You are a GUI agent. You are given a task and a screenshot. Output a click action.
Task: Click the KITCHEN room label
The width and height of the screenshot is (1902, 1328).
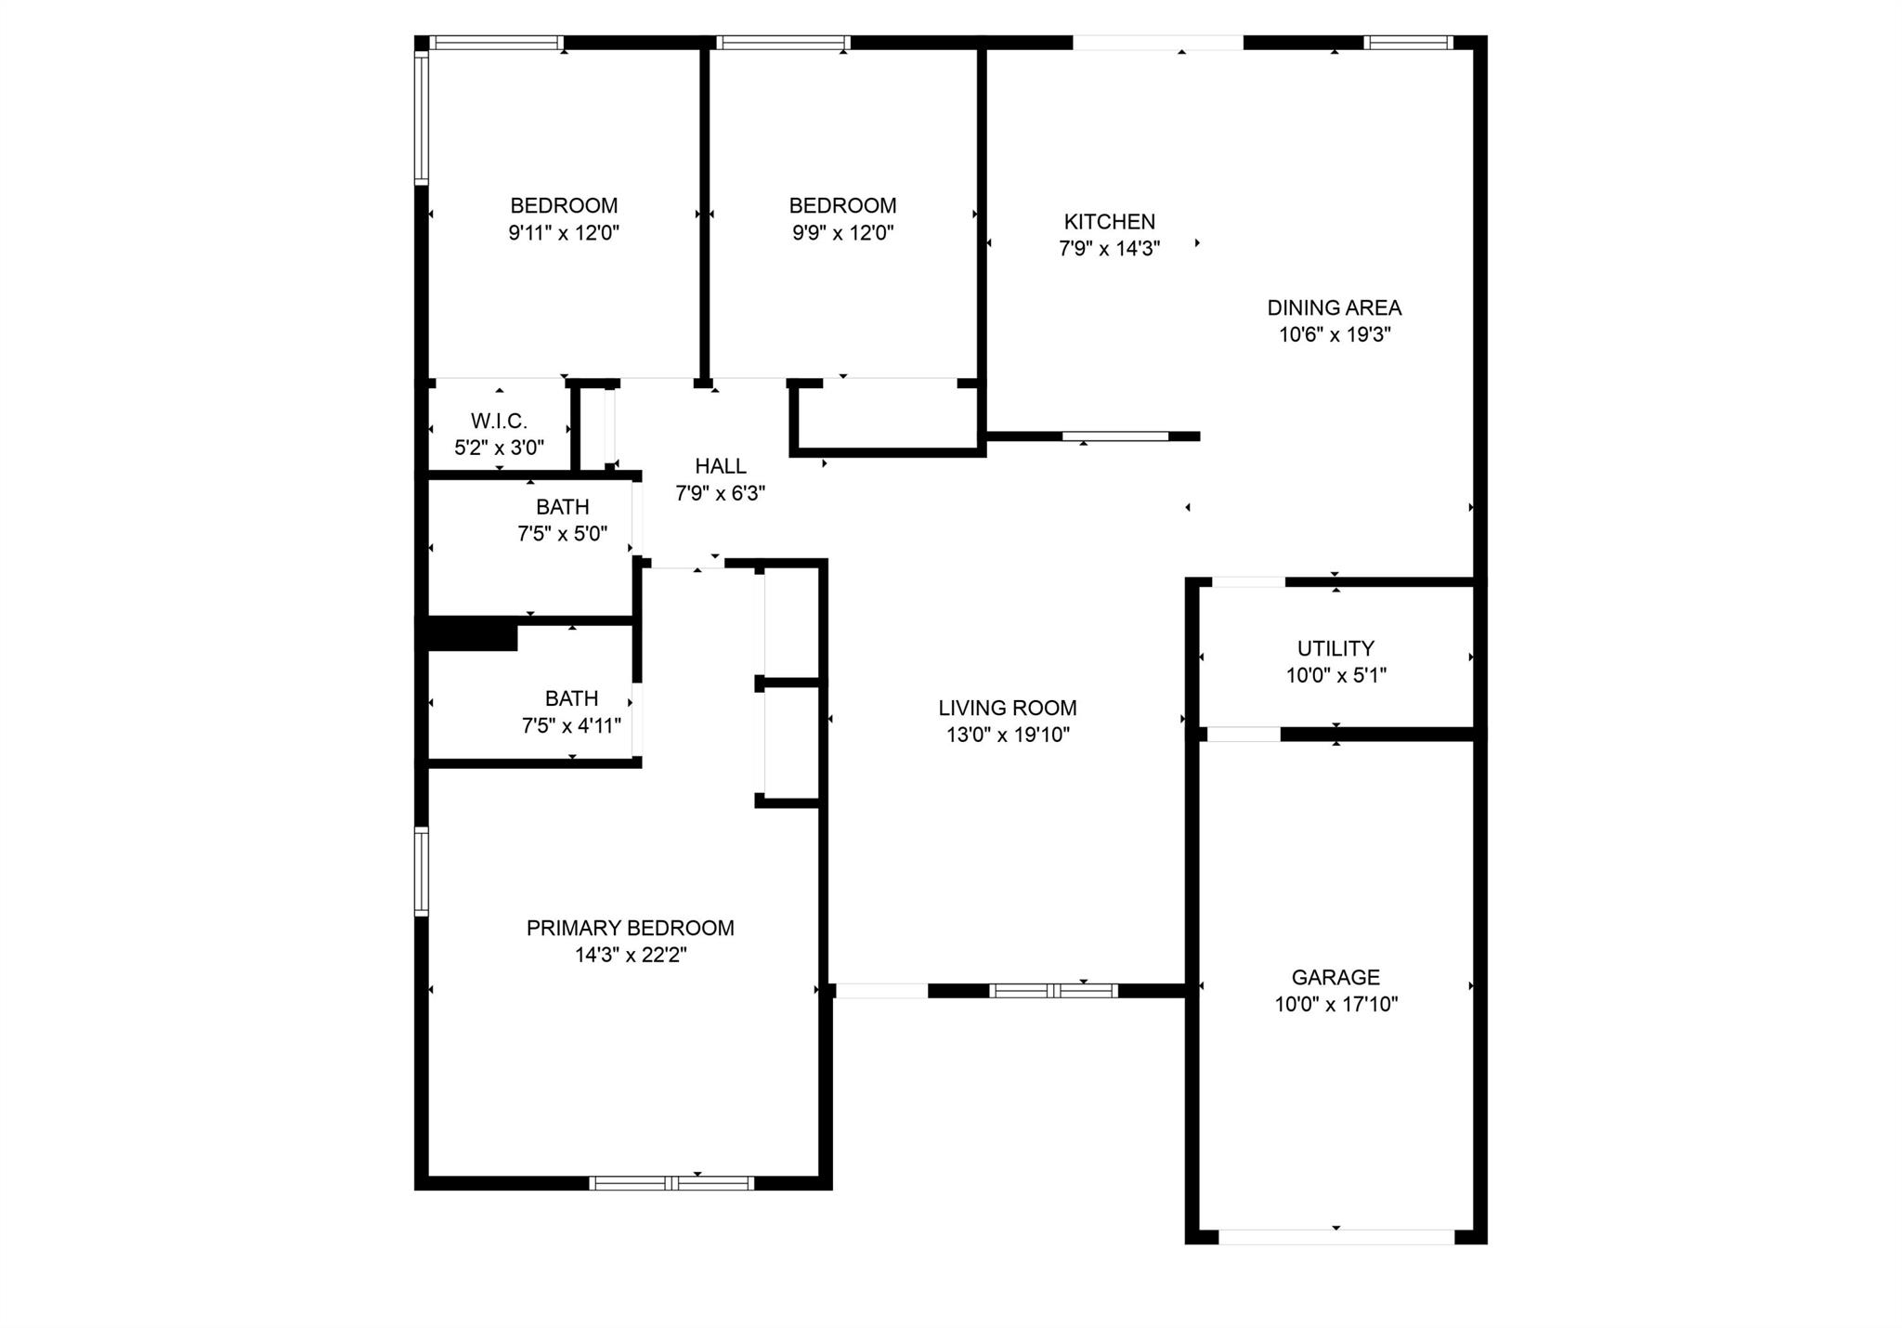coord(1109,222)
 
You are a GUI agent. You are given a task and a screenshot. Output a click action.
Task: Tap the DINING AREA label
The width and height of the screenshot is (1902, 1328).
coord(1335,307)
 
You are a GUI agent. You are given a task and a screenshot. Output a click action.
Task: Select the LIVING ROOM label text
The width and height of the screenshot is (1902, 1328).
coord(1008,708)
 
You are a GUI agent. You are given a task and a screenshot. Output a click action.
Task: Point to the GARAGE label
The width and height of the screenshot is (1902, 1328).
coord(1335,977)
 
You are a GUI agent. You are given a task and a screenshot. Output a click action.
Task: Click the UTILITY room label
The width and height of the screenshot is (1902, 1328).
coord(1335,648)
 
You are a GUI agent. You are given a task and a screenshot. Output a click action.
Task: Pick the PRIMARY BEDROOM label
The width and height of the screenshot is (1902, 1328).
coord(631,928)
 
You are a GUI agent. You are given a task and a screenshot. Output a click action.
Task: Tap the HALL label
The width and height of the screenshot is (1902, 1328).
coord(721,466)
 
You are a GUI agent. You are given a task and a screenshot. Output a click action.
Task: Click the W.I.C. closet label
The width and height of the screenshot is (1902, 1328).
coord(499,421)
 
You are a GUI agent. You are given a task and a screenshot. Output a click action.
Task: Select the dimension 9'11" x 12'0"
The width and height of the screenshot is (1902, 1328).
coord(564,232)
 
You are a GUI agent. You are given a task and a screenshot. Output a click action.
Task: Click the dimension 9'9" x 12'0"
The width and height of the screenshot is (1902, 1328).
coord(843,232)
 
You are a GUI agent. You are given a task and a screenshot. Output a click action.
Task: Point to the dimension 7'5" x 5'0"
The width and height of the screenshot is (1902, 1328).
coord(563,533)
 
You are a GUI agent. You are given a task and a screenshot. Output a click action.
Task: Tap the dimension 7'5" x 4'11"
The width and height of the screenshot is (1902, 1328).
coord(571,725)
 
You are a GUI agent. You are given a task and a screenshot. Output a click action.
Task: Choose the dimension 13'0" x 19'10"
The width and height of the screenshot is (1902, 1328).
coord(1008,735)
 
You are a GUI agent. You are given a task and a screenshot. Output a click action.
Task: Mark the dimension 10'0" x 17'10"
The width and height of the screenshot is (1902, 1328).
coord(1335,1004)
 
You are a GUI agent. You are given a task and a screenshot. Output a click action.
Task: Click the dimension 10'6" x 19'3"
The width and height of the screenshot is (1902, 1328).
coord(1335,334)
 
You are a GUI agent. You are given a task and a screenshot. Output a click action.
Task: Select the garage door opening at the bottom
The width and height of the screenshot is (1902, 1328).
coord(1336,1237)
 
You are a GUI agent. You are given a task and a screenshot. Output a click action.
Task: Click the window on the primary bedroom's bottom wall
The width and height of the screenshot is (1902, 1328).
coord(671,1183)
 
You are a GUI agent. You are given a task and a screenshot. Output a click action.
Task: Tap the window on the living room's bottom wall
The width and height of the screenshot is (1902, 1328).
coord(1053,991)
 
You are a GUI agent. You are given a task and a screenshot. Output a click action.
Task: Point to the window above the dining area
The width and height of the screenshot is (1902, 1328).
coord(1408,42)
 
